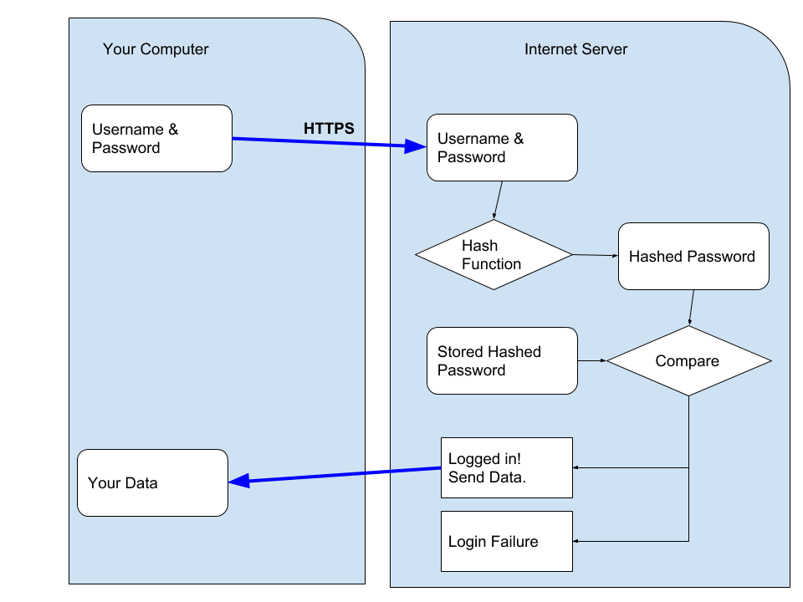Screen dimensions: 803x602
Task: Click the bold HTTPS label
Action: pos(329,128)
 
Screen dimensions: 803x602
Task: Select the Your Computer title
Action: pos(156,49)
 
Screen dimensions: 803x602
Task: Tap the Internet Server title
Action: pos(575,49)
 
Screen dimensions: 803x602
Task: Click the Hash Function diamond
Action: pos(494,254)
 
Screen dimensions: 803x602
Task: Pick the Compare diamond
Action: pos(688,361)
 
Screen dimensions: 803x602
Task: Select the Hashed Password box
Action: pos(693,256)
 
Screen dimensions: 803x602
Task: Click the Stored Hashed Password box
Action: pos(502,361)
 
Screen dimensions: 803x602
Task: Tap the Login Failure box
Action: pos(507,541)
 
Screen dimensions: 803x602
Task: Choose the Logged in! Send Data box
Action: pos(507,467)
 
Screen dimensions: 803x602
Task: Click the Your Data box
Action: pos(152,482)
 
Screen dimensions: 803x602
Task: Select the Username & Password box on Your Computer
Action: pos(156,138)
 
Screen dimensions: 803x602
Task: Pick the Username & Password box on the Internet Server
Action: pos(502,147)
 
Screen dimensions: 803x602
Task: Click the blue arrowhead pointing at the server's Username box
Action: pos(416,146)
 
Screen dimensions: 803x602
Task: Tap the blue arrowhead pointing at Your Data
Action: pos(239,481)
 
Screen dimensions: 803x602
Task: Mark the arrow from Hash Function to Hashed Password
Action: pos(596,255)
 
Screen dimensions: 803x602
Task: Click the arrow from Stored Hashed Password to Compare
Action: pos(592,361)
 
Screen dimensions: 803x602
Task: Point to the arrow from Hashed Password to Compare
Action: pos(692,308)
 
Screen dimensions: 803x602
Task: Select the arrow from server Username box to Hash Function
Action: pos(498,200)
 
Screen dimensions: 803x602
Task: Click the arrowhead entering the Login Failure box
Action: pos(575,541)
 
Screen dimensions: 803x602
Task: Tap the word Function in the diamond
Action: pos(491,263)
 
